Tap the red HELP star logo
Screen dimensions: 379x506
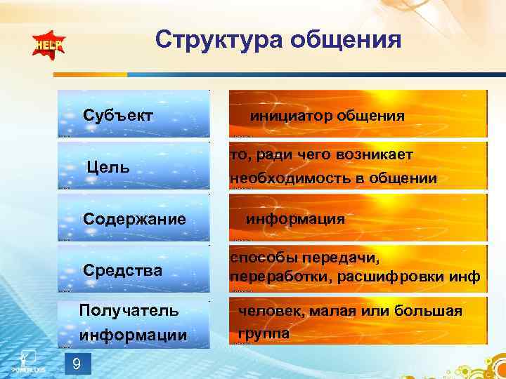47,46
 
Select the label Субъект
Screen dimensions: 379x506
118,114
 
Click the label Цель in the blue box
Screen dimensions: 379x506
108,167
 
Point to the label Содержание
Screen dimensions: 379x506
134,218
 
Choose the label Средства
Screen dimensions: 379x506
122,270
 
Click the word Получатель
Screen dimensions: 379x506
129,310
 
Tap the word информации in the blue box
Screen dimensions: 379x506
134,335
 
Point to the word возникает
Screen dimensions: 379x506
377,154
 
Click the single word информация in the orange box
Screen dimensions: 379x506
295,219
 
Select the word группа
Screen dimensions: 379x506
264,333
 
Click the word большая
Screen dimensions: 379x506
431,310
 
